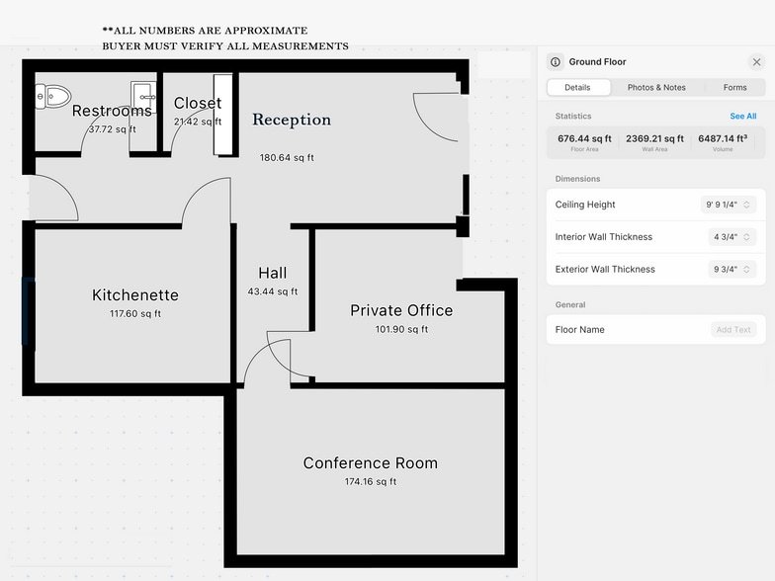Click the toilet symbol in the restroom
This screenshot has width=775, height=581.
(53, 97)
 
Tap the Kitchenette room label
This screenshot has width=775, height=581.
(135, 294)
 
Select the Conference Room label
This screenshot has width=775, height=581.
(370, 462)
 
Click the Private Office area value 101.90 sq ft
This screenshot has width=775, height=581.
(401, 329)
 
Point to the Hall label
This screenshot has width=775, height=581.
(273, 273)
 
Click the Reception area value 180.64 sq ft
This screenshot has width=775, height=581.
(287, 158)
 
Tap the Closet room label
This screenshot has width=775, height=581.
(198, 103)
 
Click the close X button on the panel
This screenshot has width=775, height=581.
(756, 61)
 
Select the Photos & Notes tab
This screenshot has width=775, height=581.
(656, 87)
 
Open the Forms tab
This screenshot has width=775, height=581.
(735, 87)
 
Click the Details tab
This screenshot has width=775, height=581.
(577, 87)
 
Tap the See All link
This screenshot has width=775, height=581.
(743, 117)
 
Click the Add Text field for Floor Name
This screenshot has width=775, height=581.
(733, 330)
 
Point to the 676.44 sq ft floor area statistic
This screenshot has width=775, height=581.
(584, 138)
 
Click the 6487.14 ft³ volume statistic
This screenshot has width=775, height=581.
(723, 138)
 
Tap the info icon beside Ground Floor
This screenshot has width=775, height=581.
(556, 61)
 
